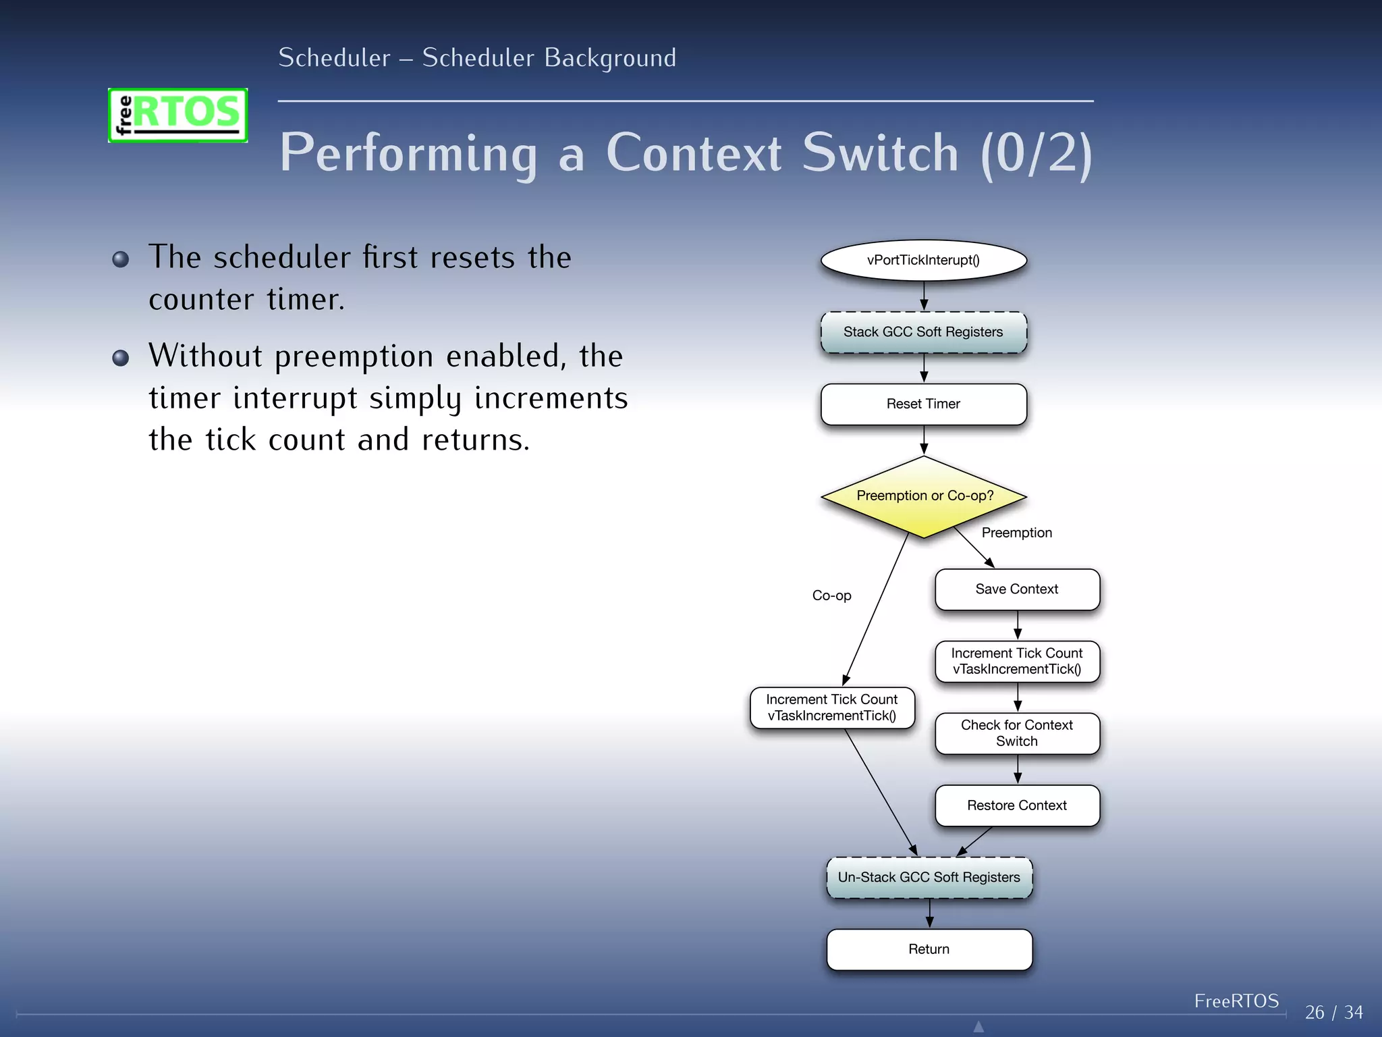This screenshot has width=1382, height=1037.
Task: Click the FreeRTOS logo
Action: [x=178, y=115]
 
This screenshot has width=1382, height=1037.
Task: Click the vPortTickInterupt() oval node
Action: [x=923, y=260]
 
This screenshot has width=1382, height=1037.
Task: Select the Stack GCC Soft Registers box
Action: [x=923, y=332]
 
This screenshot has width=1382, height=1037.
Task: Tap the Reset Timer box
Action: [x=923, y=404]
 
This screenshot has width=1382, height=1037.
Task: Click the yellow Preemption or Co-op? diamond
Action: [x=923, y=497]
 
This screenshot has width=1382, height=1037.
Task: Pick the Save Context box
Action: [x=1017, y=589]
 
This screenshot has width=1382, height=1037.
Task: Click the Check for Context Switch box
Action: [x=1017, y=733]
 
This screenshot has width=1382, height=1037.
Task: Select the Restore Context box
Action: [x=1017, y=805]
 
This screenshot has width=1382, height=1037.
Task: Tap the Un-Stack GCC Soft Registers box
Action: [x=929, y=877]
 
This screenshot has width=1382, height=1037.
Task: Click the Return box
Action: [x=929, y=949]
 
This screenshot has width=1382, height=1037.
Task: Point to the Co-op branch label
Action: [x=831, y=595]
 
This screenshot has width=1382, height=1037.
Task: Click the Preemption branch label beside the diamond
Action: [x=1016, y=533]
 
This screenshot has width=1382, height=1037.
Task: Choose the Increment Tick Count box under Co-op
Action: [x=831, y=708]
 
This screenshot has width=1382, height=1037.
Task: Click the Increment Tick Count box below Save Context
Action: [x=1017, y=661]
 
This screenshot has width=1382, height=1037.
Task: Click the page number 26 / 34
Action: [x=1333, y=1012]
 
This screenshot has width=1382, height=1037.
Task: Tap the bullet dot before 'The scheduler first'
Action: [x=121, y=259]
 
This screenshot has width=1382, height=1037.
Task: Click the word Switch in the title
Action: [x=880, y=153]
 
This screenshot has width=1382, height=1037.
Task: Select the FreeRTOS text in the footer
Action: [x=1236, y=1001]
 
